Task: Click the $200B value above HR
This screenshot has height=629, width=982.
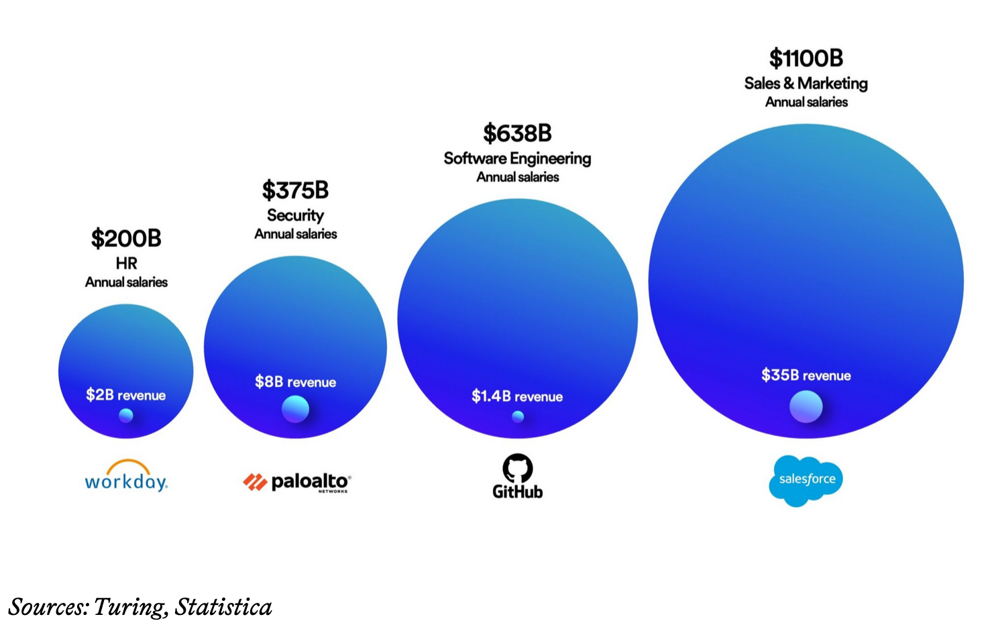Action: [126, 239]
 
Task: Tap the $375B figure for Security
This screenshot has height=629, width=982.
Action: [295, 190]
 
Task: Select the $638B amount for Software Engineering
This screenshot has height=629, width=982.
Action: [517, 133]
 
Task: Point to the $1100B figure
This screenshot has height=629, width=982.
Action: [806, 58]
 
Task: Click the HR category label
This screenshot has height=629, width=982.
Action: [126, 264]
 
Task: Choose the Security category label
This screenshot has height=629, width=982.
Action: [295, 215]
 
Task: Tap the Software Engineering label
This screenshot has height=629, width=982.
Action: [517, 158]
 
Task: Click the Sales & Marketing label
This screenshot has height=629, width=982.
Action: [806, 83]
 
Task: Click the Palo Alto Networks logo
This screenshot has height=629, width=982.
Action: [296, 482]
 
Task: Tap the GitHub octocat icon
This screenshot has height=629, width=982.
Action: [517, 468]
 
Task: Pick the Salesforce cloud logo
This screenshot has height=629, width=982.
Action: [806, 480]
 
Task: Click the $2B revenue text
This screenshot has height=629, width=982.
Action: [125, 395]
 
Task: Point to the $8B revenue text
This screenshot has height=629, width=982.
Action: [295, 382]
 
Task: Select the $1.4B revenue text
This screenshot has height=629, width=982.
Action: [516, 396]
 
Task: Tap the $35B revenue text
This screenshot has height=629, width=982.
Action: [806, 376]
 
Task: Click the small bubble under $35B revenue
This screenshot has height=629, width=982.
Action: [806, 406]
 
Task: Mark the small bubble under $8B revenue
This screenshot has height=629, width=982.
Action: [295, 409]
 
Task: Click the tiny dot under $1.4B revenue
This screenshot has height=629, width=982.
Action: [517, 416]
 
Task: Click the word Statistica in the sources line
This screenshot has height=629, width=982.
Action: [223, 607]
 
